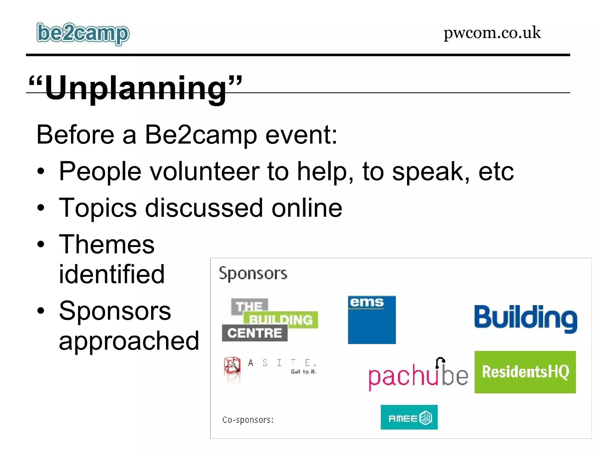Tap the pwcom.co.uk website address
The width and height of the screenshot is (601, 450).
click(492, 33)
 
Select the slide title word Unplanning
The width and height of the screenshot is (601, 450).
click(136, 88)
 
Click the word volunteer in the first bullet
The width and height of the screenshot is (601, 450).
click(205, 171)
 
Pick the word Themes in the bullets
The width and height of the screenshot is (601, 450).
click(107, 244)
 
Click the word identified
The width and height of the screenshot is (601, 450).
click(112, 274)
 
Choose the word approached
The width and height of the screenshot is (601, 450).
click(129, 341)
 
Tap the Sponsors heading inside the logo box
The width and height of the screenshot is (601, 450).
click(253, 274)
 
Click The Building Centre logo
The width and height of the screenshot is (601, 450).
click(269, 320)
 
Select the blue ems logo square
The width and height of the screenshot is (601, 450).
click(372, 320)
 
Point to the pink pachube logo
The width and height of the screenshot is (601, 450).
click(418, 375)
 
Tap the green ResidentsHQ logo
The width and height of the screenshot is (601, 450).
click(525, 372)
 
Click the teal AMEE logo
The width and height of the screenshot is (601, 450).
click(409, 417)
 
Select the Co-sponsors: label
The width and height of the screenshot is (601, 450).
click(248, 420)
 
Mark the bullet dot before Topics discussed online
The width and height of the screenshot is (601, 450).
click(41, 208)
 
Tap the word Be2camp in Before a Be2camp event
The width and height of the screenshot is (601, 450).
click(201, 135)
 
